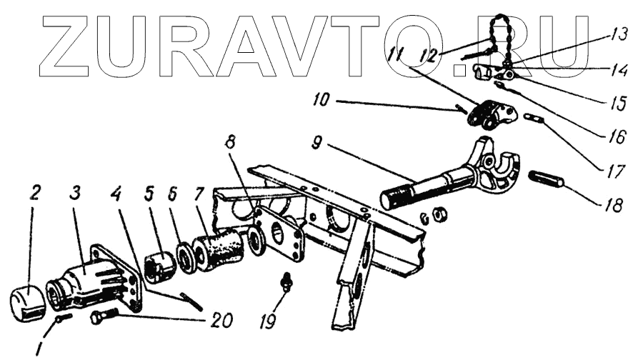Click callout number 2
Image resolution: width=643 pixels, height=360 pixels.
34,193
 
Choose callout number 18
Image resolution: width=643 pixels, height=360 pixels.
614,204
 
